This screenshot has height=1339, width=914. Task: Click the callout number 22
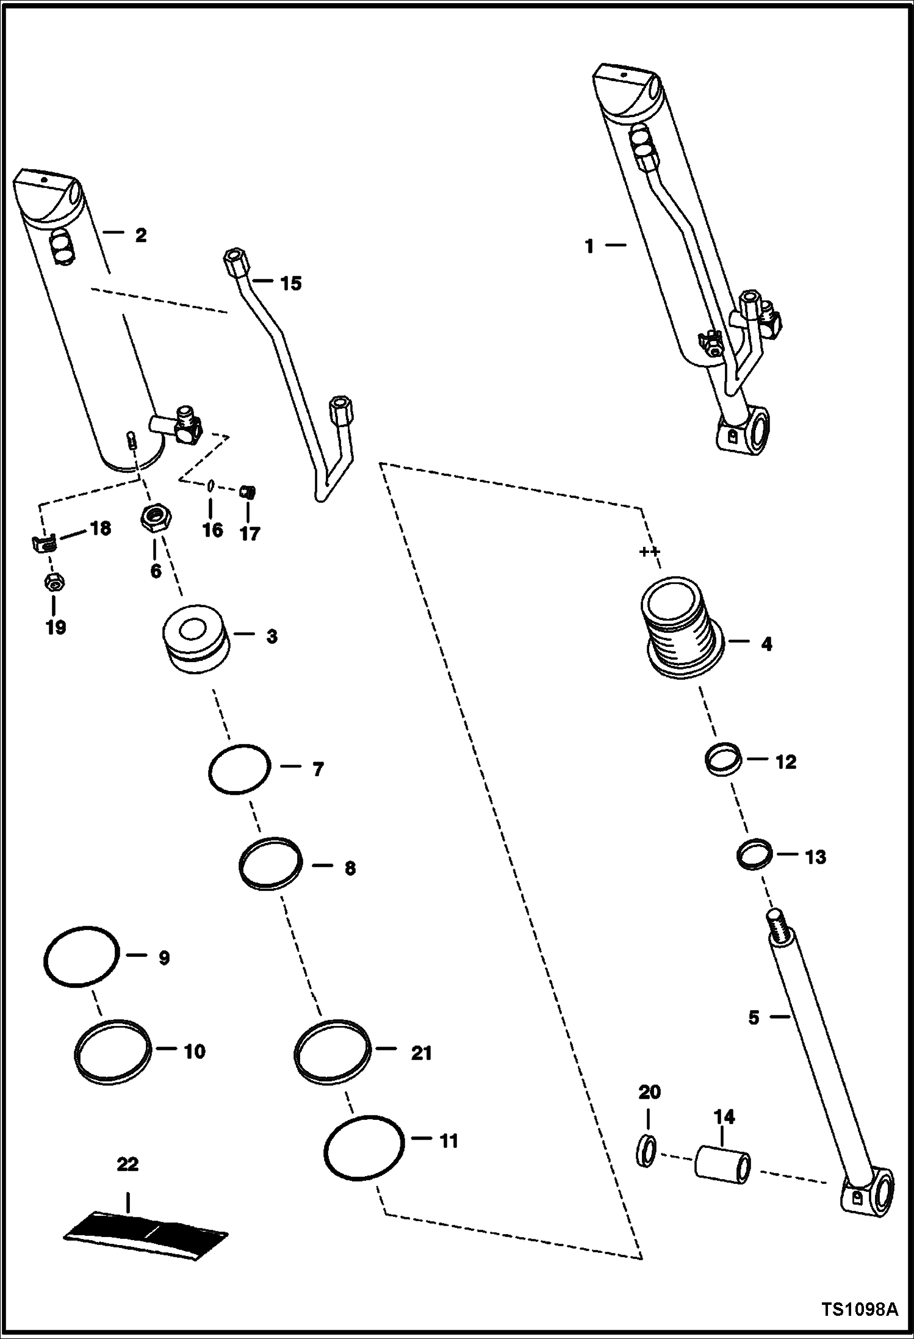click(x=128, y=1164)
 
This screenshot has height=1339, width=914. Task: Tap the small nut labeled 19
click(x=55, y=583)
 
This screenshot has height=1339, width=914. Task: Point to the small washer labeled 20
click(x=648, y=1152)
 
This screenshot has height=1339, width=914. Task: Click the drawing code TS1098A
click(x=860, y=1310)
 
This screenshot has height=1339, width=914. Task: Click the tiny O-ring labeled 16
click(x=209, y=485)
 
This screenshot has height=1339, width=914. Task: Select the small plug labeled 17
click(x=248, y=491)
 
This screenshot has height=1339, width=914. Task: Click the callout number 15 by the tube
click(x=291, y=283)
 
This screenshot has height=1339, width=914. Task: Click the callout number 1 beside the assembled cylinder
click(x=589, y=247)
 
